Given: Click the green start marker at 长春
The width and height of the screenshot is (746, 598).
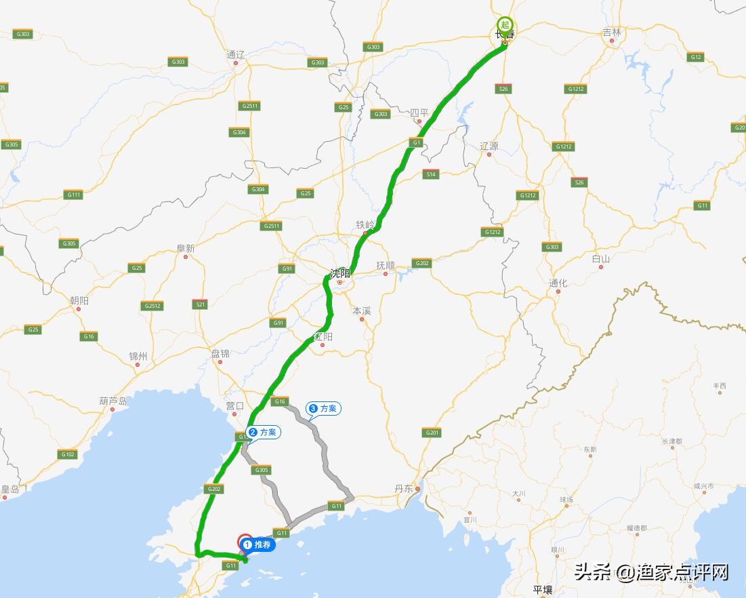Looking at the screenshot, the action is [504, 24].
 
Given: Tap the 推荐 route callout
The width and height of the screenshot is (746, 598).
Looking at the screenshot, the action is [257, 544].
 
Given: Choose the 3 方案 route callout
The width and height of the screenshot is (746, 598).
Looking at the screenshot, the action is [323, 408].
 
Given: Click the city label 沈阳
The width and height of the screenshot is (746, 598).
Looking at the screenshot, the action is [339, 274].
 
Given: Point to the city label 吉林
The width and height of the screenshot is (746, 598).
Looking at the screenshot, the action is [611, 32].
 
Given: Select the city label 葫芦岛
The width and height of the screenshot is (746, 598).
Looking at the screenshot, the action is [112, 401].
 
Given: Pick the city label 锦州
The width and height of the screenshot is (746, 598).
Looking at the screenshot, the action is [138, 356].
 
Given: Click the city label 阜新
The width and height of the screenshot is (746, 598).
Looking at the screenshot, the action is [185, 249].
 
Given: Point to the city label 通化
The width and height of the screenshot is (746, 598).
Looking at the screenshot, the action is [558, 283].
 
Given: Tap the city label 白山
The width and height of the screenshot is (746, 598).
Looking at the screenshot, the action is [600, 258].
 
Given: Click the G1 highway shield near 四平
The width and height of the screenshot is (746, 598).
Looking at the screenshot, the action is [417, 142].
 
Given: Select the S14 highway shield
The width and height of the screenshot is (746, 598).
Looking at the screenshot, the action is [430, 174].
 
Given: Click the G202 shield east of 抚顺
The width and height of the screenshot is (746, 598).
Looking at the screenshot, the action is [421, 263].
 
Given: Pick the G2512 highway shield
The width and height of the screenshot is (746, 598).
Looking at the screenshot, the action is [152, 306].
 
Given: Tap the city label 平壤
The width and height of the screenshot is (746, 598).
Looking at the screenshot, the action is [543, 590].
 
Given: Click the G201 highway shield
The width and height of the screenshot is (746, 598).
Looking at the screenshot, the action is [431, 433].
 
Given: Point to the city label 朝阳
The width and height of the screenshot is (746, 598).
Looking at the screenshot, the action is [79, 300].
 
